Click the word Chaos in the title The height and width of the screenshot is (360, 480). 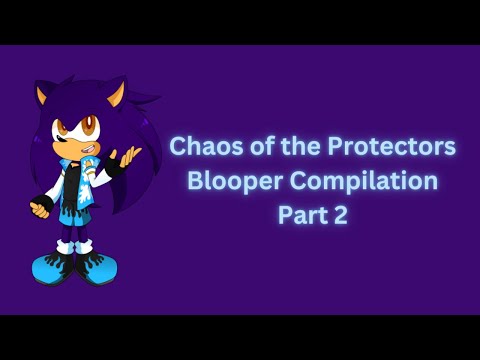[x=199, y=146]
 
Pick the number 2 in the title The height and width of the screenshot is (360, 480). [x=340, y=215]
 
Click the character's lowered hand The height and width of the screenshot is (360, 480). [x=41, y=209]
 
